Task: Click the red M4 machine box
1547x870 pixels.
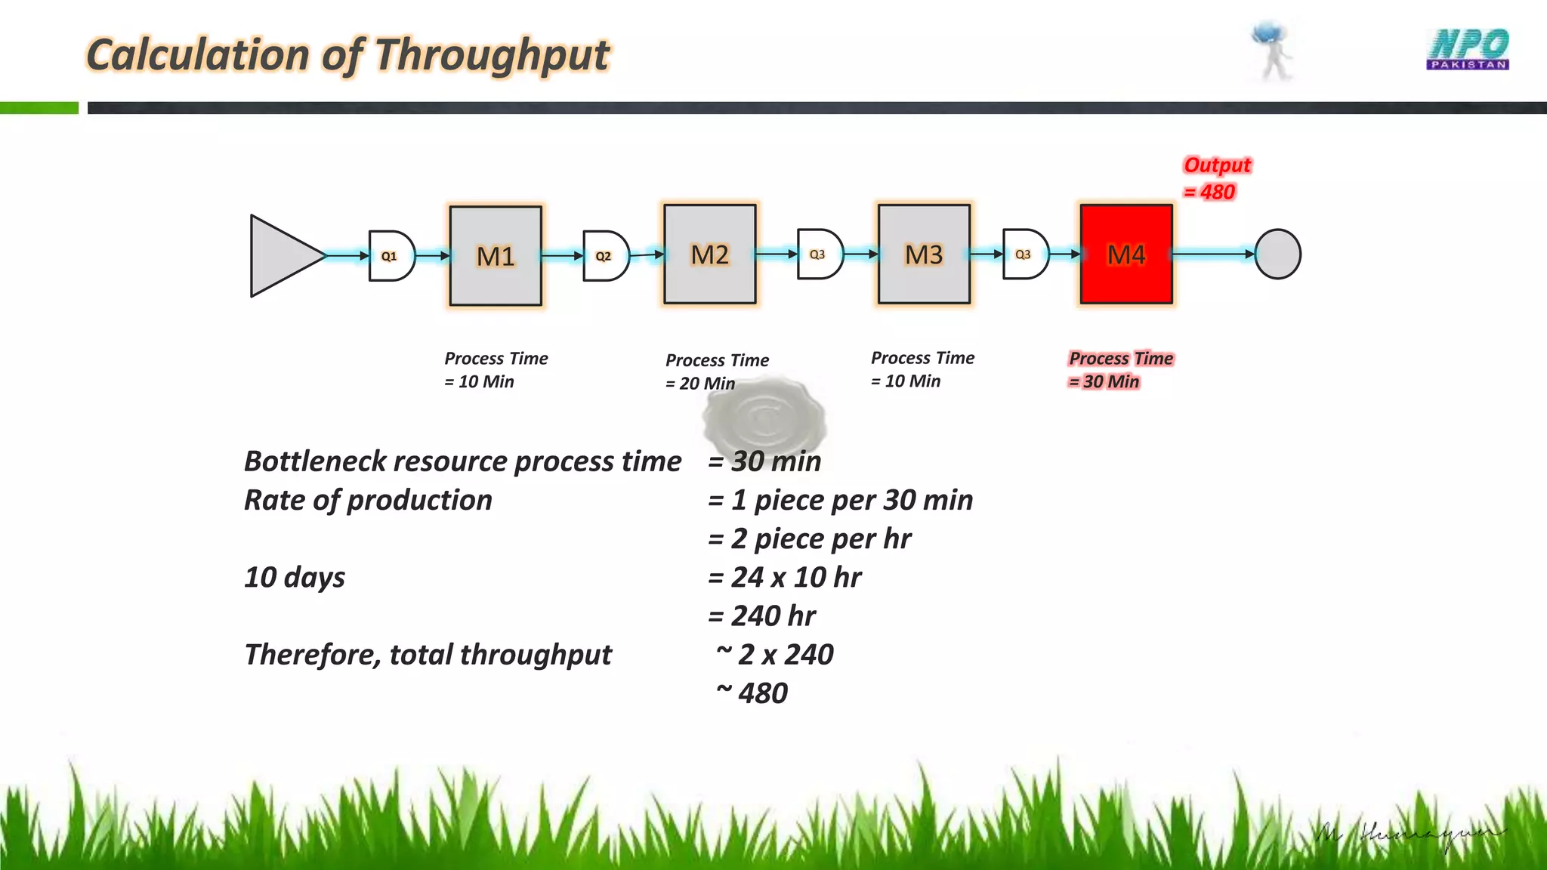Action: pos(1126,255)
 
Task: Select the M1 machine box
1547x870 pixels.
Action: pos(496,256)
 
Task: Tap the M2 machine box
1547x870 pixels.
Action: pos(709,255)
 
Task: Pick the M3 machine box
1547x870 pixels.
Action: pos(924,255)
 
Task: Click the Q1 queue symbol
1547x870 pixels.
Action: pos(391,256)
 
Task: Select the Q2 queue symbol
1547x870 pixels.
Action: pos(606,256)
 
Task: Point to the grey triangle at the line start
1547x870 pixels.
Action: pos(281,256)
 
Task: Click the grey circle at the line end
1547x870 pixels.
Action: pos(1277,255)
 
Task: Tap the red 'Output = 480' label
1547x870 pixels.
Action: pos(1216,178)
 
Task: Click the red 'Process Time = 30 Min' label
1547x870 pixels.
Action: pos(1120,369)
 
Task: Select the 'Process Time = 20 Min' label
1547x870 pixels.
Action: pos(716,371)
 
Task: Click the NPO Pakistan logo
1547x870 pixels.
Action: pos(1468,49)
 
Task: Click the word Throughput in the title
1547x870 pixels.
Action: pos(492,55)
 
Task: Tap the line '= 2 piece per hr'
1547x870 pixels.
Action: pos(809,538)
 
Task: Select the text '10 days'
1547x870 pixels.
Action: pos(295,577)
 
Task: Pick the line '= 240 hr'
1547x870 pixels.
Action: pos(761,615)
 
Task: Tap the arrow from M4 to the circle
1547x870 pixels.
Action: pos(1213,255)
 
